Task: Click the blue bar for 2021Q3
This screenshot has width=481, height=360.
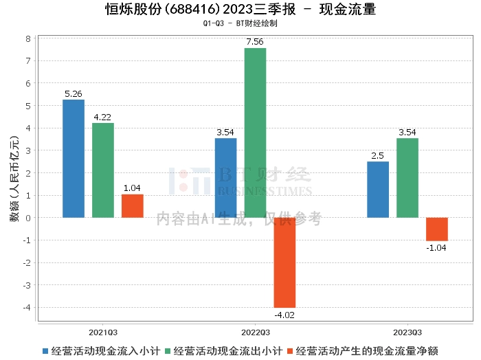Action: [x=74, y=159]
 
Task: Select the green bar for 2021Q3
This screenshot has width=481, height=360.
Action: [x=103, y=170]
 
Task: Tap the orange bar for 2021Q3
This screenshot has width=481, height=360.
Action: [x=133, y=206]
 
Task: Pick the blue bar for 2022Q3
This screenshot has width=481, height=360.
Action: [x=225, y=178]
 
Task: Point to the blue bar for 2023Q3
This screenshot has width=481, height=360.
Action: [x=378, y=190]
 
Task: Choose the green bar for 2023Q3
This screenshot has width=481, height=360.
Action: [x=407, y=178]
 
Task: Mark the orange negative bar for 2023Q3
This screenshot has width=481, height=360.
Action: [x=437, y=229]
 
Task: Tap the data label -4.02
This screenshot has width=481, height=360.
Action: [x=284, y=315]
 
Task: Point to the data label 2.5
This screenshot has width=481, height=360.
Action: [x=378, y=156]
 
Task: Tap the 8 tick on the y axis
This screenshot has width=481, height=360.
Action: [x=28, y=39]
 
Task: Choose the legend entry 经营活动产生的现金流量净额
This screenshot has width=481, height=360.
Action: [x=365, y=350]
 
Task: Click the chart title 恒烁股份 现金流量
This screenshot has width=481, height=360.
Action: [x=240, y=9]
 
